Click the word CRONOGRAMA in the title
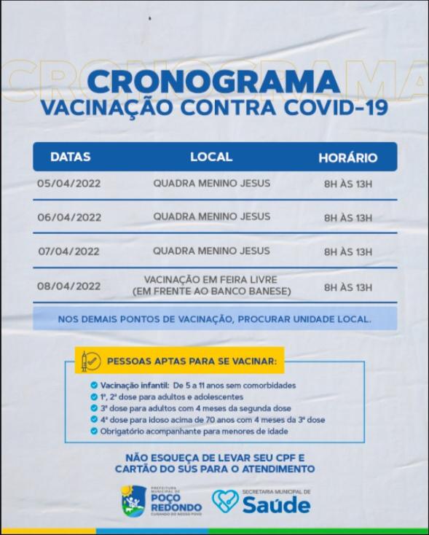pyautogui.click(x=214, y=81)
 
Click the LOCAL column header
pyautogui.click(x=211, y=157)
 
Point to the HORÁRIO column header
pyautogui.click(x=347, y=157)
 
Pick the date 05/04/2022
pyautogui.click(x=69, y=184)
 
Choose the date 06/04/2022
pyautogui.click(x=69, y=217)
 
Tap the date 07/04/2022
pyautogui.click(x=69, y=251)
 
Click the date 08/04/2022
pyautogui.click(x=69, y=286)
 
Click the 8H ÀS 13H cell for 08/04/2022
pyautogui.click(x=347, y=286)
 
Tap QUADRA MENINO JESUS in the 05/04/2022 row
pyautogui.click(x=211, y=184)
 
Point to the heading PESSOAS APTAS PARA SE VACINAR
pyautogui.click(x=192, y=361)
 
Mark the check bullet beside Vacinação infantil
pyautogui.click(x=94, y=386)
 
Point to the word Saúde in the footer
pyautogui.click(x=278, y=506)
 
